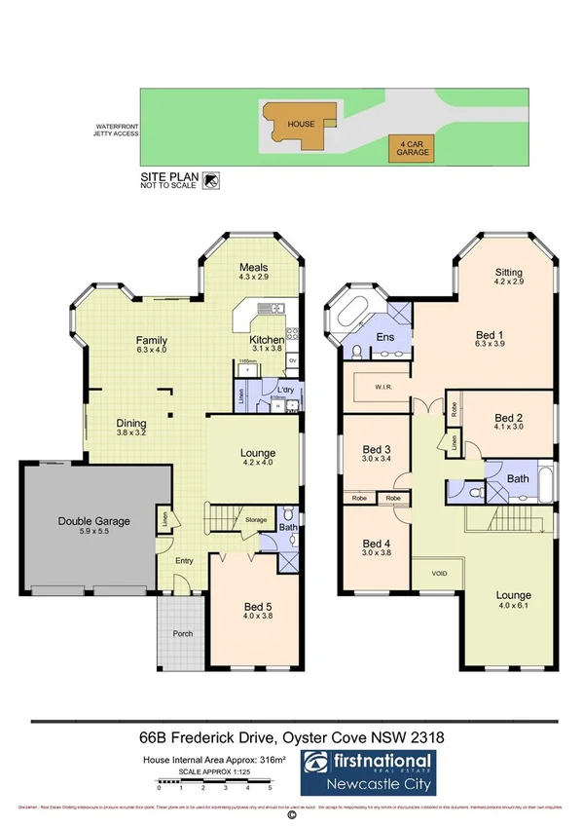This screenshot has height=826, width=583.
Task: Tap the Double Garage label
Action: [93, 521]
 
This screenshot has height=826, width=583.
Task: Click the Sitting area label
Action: [508, 273]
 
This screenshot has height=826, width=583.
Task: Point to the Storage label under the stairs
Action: [256, 519]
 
